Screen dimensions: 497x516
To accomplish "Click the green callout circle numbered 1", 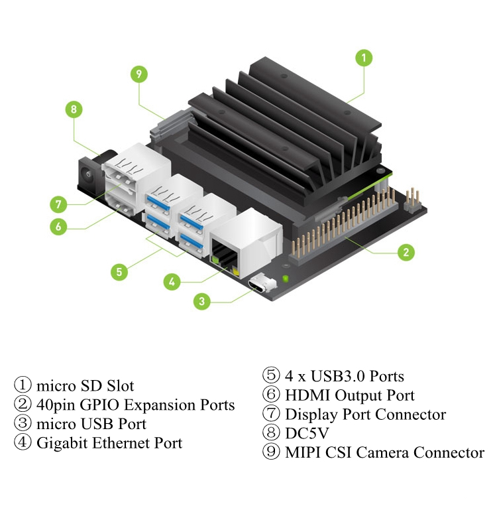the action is coord(364,58).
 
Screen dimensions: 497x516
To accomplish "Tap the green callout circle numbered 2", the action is coord(406,252).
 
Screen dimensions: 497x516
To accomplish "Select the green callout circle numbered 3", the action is coord(202,301).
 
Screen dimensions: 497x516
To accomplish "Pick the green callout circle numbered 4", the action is coord(172,282).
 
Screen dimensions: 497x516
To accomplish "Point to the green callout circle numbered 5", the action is coord(119,272).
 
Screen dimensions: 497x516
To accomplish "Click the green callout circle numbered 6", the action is coord(58,226).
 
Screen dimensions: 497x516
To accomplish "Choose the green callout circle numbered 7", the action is coord(58,204).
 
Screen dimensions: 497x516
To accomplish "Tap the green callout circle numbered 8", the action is coord(74,109).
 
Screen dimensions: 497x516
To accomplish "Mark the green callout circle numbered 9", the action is coord(138,74).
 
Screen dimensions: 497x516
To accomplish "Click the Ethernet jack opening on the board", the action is coord(225,255).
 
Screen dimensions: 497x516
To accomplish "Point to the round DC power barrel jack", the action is coord(88,174).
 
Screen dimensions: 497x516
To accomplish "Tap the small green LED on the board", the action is coord(286,279).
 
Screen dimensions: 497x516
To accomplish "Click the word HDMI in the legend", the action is coord(307,395).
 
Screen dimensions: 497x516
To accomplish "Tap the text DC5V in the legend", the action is coord(307,433).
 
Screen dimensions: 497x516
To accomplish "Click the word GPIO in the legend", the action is coord(99,405).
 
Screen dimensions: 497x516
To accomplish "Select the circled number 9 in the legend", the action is coord(271,452).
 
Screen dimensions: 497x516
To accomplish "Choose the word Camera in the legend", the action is coord(382,452).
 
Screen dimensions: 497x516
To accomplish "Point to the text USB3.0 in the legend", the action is coord(338,376).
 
